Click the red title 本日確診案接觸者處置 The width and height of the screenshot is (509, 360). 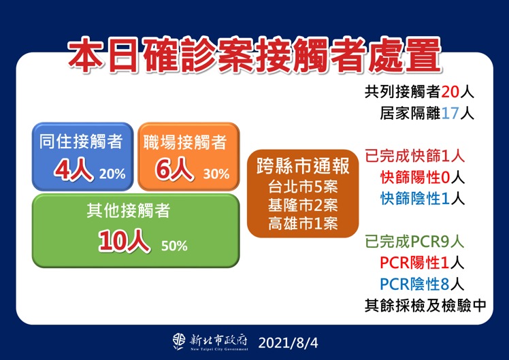254,55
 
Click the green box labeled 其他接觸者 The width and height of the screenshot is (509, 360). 136,230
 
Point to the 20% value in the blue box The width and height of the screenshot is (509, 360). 112,174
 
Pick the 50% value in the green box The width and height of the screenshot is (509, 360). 174,246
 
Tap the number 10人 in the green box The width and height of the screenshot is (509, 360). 125,242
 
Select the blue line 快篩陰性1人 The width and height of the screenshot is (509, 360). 422,199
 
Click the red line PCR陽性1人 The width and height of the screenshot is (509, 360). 422,262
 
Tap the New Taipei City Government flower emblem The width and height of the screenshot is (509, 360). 179,340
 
